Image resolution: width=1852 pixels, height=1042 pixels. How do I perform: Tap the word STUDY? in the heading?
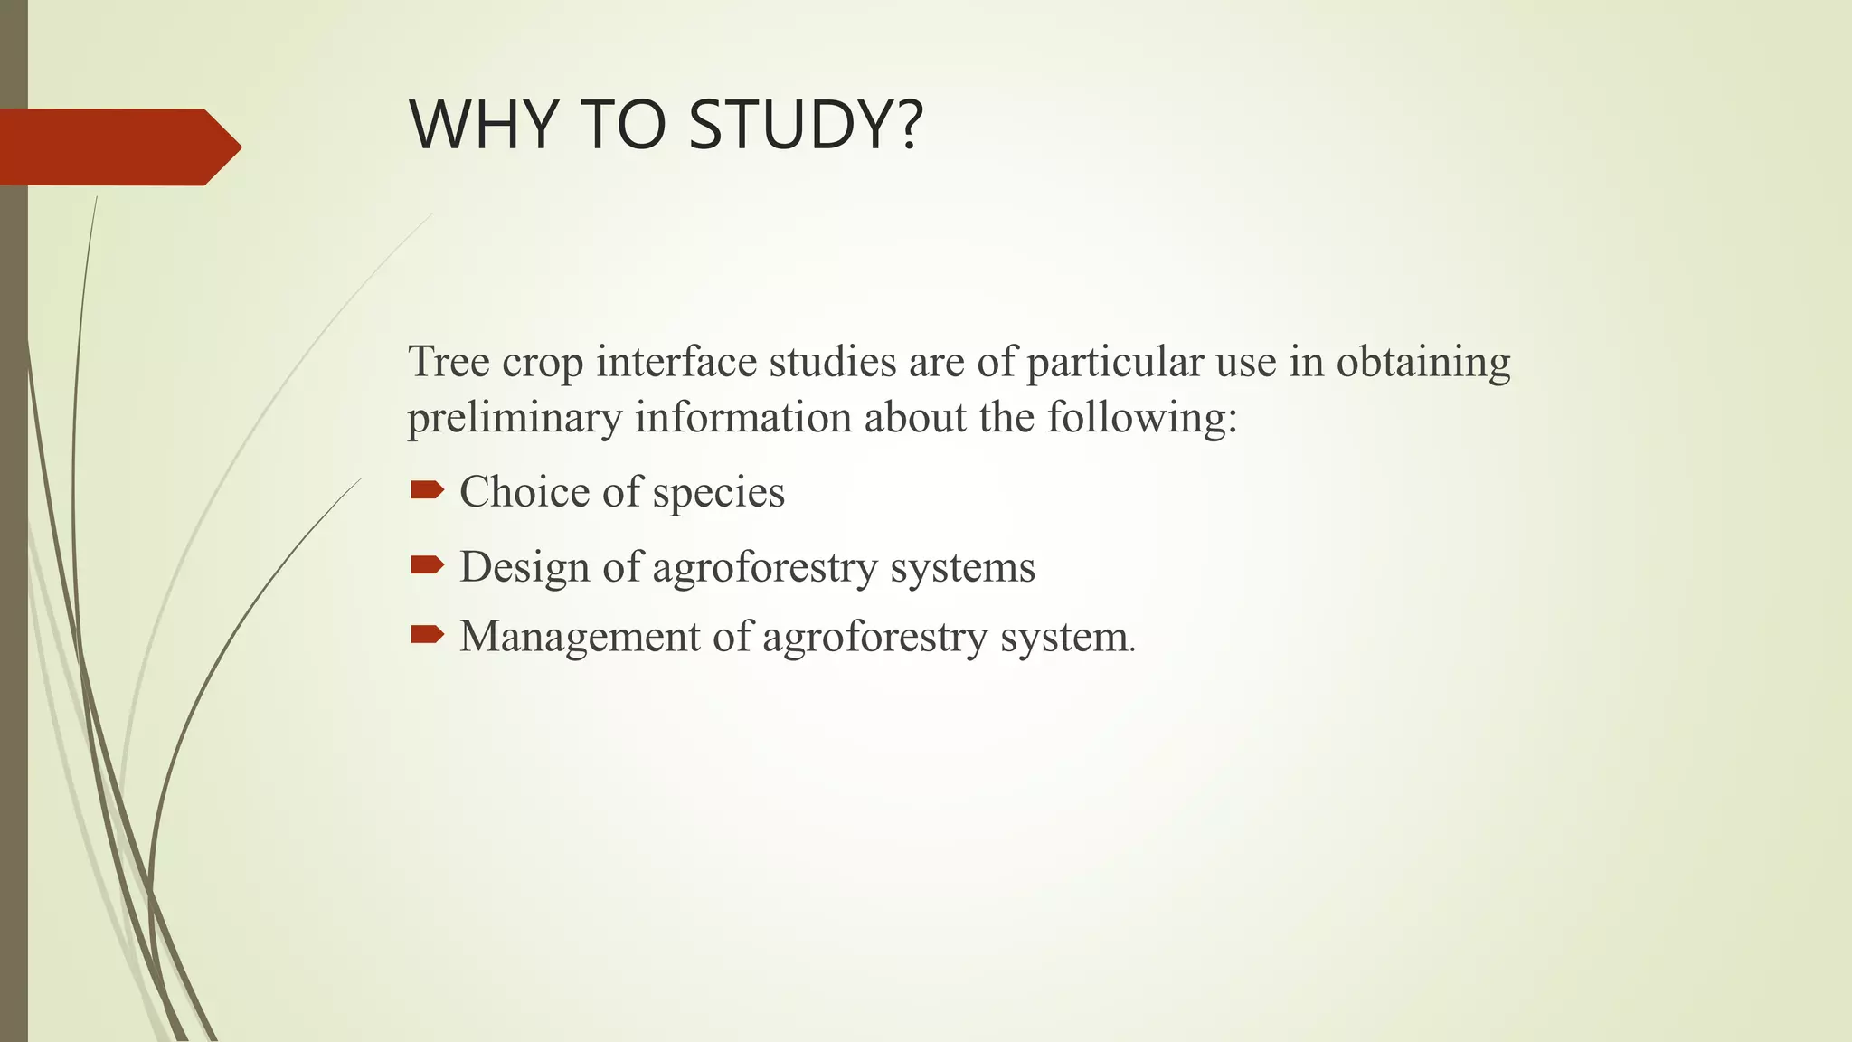point(805,125)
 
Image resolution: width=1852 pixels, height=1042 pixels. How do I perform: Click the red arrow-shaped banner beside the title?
point(118,147)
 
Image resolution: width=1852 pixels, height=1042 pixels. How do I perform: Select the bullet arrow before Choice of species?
point(427,490)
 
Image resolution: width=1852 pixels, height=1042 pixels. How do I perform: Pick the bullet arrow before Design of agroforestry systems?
point(427,565)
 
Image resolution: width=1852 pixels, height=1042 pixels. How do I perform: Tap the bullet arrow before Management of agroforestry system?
point(427,634)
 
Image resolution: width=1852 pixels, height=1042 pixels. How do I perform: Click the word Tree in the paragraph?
point(449,362)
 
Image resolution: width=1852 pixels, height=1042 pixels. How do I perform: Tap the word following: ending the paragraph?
point(1141,419)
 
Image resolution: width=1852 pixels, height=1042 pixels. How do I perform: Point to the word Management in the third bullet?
point(580,637)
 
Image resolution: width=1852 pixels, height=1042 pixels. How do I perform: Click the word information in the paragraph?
point(743,419)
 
